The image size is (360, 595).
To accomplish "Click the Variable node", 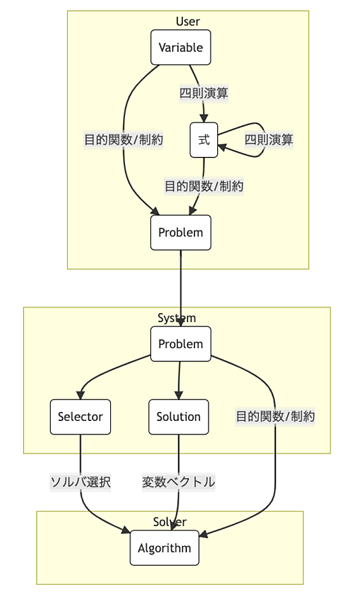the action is point(181,47).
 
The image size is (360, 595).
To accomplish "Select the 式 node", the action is point(204,139).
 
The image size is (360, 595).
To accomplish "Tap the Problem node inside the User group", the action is point(181,233).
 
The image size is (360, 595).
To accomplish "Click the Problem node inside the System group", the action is point(181,344).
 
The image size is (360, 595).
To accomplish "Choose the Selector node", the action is point(80,417).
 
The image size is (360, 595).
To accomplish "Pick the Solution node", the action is point(179,417).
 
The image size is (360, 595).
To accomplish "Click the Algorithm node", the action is point(165,548).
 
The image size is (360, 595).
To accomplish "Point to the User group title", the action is point(188,21).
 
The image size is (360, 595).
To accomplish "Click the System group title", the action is point(177,318).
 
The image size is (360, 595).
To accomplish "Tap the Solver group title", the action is point(170,522).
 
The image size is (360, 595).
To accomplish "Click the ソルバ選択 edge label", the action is point(80,482).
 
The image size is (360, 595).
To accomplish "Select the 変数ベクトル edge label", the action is point(179,482).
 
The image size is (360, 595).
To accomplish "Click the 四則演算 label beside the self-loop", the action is point(268,139).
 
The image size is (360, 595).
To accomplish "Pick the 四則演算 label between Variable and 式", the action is point(204,93).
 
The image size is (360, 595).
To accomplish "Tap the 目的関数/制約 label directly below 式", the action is point(204,186).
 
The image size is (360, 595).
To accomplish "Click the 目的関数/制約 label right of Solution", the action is point(275,417).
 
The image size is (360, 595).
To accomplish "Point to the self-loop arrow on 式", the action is point(264,139).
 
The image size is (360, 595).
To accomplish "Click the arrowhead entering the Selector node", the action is point(80,395).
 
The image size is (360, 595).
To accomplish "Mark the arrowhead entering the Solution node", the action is point(179,395).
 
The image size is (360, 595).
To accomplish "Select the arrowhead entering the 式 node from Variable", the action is point(204,118).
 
